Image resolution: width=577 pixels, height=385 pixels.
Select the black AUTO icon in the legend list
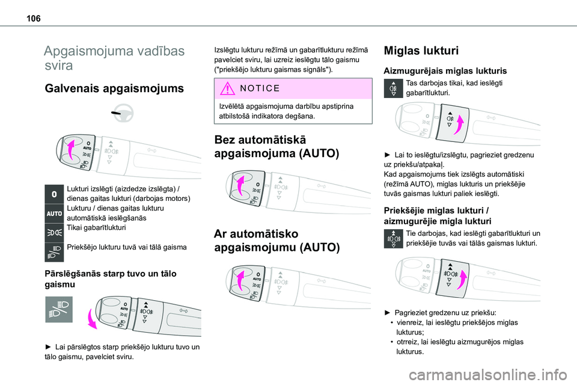[x=54, y=214]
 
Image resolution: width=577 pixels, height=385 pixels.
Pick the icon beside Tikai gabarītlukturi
[x=54, y=232]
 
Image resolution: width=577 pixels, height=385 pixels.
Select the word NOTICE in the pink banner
[x=258, y=88]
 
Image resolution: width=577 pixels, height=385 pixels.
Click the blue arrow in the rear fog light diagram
[x=459, y=126]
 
